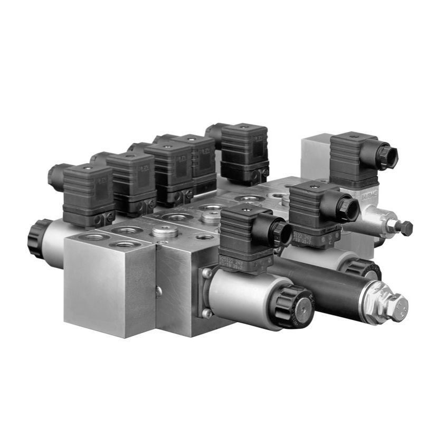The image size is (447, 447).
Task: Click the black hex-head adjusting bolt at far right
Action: [x=406, y=228]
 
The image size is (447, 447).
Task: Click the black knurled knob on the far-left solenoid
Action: [x=36, y=238]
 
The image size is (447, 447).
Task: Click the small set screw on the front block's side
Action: [x=159, y=291]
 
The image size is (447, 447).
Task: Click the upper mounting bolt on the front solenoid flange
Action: [x=206, y=273]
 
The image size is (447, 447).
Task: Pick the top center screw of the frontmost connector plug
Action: [x=244, y=208]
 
